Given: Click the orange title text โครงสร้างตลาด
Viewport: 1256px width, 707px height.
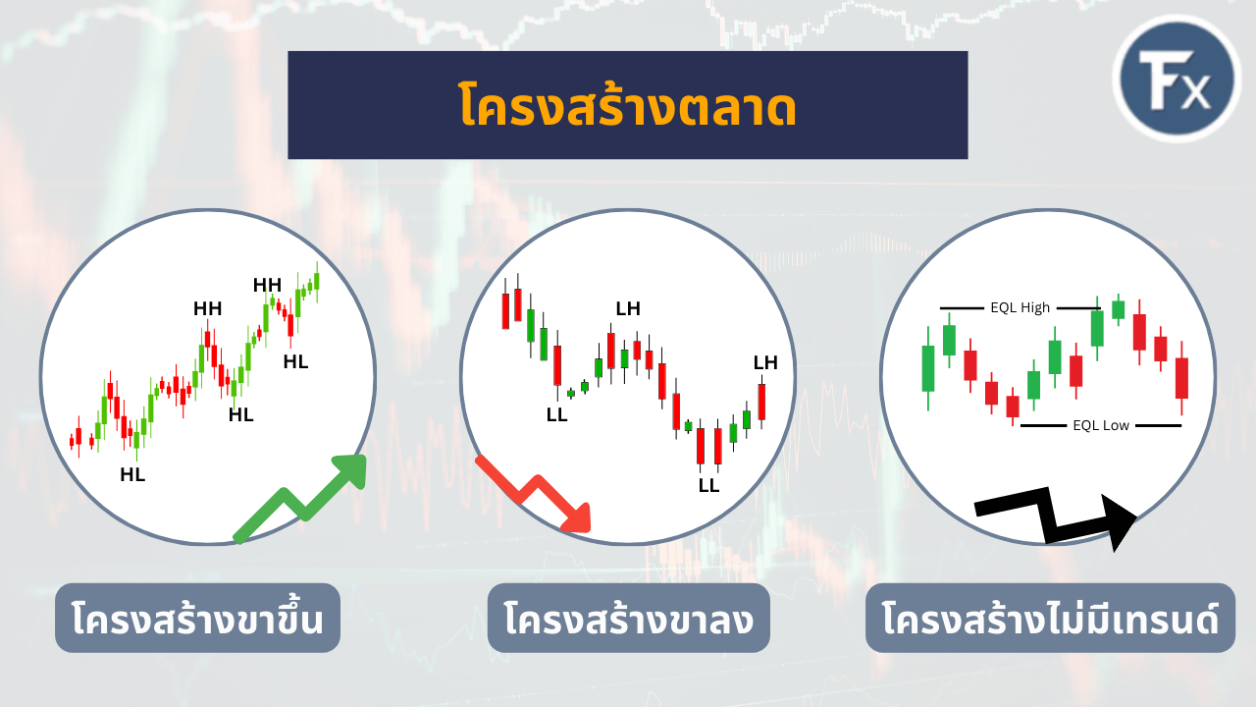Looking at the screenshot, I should pos(627,106).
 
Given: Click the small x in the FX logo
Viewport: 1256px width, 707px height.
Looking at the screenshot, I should pos(1195,94).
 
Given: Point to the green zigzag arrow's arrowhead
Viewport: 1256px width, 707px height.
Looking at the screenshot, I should pos(350,470).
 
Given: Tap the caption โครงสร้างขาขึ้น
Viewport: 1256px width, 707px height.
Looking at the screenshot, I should pos(197,619).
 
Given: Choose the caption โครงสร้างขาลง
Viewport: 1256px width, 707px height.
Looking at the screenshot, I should pos(628,619).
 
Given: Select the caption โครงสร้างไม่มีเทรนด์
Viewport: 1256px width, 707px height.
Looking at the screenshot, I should pos(1050,619).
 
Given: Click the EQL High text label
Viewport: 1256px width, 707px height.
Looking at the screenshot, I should pos(1020,307).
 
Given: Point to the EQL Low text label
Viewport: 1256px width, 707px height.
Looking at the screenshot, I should pos(1101,425).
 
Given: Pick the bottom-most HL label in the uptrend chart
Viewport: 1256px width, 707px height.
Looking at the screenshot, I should pos(132,475).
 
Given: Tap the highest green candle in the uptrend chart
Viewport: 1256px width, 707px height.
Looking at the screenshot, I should pos(316,280).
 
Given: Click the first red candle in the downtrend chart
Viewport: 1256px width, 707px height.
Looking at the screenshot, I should pos(505,309).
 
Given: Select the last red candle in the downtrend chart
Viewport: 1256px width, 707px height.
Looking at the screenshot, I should pos(761,401).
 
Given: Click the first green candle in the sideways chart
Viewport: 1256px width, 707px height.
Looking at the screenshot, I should pos(927,367).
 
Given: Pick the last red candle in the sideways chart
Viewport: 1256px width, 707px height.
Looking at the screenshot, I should pos(1181,378).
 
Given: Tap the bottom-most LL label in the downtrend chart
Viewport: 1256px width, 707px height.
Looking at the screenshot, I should pos(708,485).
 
